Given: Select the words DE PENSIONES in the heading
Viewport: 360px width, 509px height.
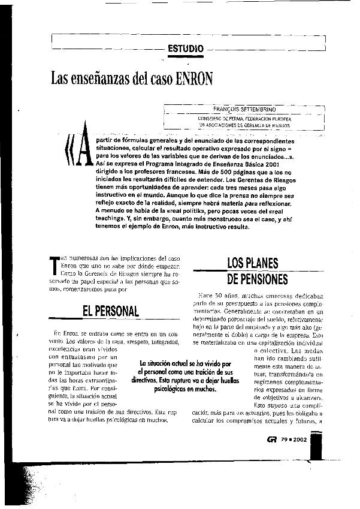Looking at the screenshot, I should (x=258, y=279).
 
